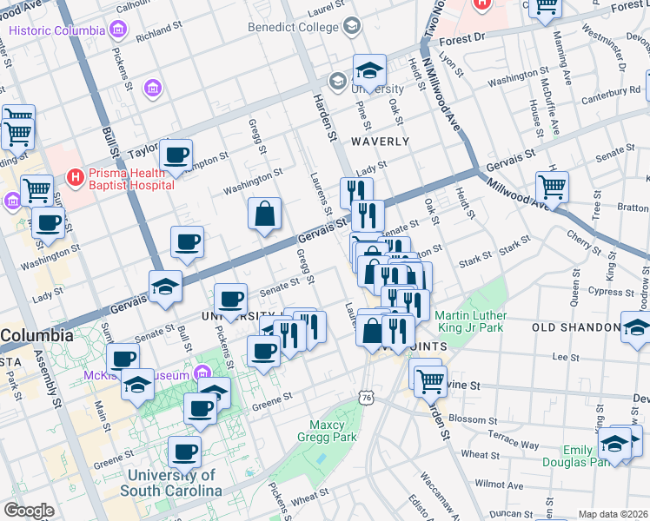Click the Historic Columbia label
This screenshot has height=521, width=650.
[56, 30]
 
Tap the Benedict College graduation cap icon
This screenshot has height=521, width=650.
[351, 24]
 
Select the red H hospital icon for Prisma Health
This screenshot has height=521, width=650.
[76, 178]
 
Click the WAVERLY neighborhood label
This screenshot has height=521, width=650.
[380, 141]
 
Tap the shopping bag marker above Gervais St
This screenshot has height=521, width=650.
[264, 214]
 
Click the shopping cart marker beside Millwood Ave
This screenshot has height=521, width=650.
[552, 186]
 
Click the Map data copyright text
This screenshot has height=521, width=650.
[613, 514]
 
